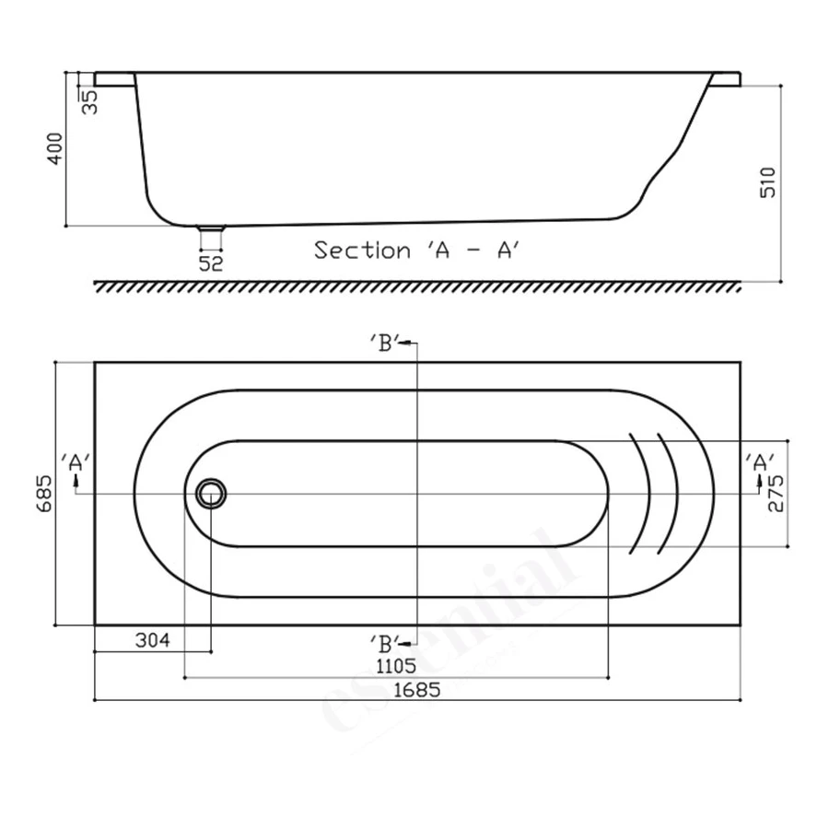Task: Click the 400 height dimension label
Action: click(54, 148)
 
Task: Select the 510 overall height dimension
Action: click(769, 181)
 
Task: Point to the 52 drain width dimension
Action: click(212, 263)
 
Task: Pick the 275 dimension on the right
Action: click(776, 494)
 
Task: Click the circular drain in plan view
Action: click(211, 494)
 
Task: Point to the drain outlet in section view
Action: click(212, 237)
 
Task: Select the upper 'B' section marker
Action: click(384, 344)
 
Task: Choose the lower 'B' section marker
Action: click(384, 641)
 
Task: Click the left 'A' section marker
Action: click(76, 462)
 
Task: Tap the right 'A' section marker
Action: click(760, 462)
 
